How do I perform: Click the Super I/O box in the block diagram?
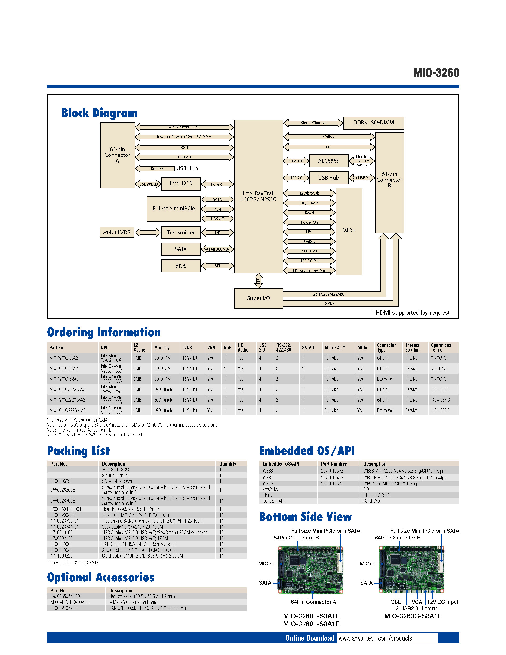pos(258,298)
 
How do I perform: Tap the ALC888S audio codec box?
pos(329,161)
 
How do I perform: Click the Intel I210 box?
pos(181,184)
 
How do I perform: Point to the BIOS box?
pos(181,266)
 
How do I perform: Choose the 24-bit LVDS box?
pos(116,232)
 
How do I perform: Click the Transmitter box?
pos(181,232)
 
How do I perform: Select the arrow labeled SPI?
pos(217,266)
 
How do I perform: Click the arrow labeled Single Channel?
pos(313,123)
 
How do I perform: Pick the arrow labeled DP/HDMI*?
pos(309,203)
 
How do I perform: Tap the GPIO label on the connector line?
pos(329,303)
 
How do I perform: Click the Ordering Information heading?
pos(104,332)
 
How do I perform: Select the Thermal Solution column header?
pos(413,347)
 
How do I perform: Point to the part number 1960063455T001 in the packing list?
pos(66,509)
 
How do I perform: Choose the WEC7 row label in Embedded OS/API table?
pos(268,484)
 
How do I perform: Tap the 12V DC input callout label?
pos(442,602)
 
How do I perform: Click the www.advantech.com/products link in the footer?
pos(375,638)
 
